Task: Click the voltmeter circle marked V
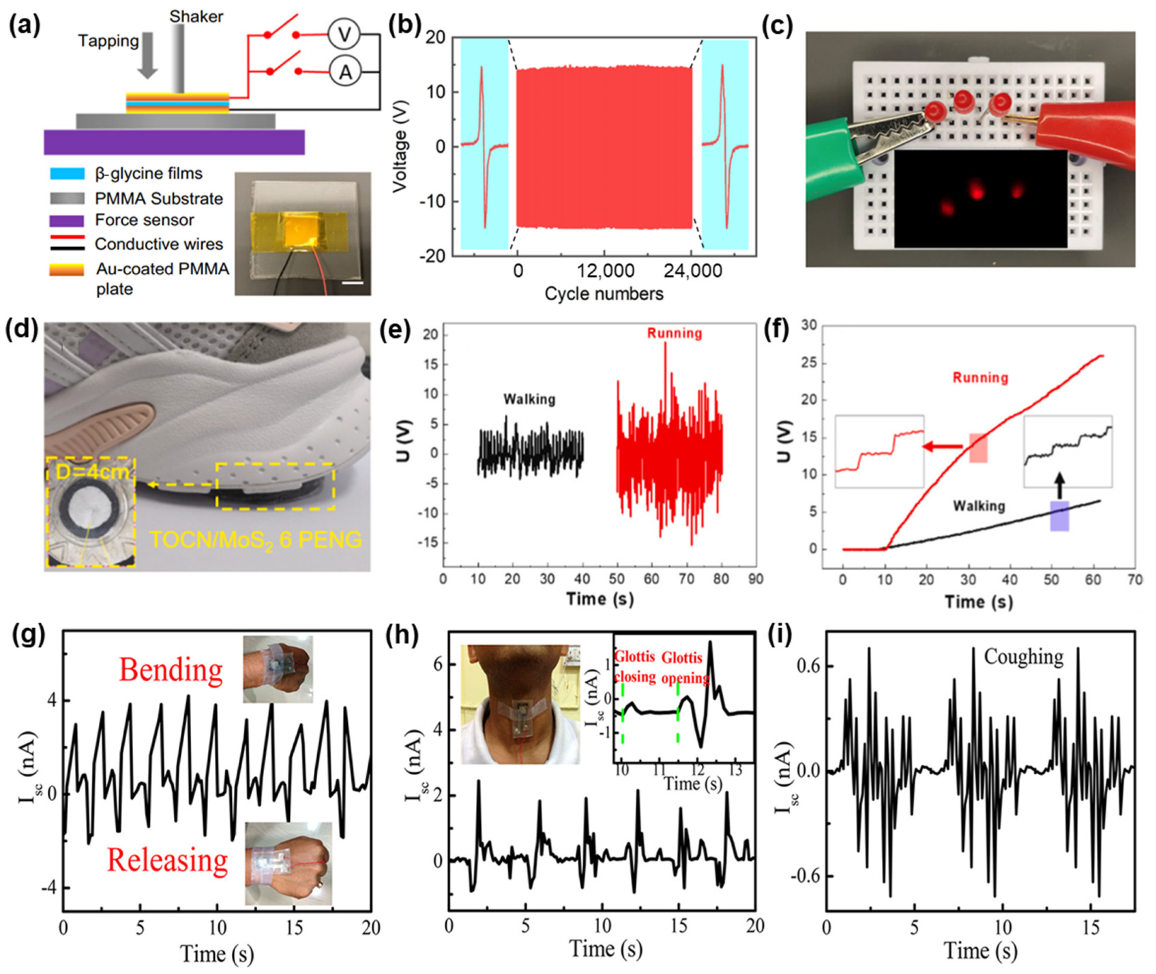tap(344, 35)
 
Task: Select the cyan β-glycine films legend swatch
tap(67, 173)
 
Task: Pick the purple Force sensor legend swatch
tap(67, 221)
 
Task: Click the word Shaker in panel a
tap(196, 17)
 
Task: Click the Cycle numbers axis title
tap(604, 294)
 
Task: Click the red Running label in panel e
tap(675, 333)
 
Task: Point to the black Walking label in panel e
tap(529, 399)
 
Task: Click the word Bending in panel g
tap(171, 670)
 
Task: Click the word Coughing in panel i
tap(1023, 657)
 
